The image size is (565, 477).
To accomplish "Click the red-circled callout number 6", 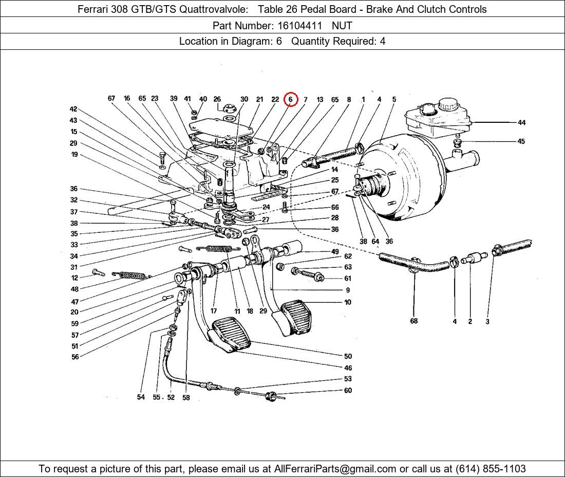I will click(x=291, y=99).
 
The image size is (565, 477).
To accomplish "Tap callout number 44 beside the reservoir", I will click(x=521, y=122).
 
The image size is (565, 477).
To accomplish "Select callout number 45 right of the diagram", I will click(x=521, y=141).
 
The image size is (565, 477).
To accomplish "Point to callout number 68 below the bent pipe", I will click(x=414, y=321).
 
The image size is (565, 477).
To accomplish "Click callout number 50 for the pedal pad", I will click(x=348, y=356).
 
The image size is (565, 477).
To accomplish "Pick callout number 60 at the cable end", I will click(x=348, y=391).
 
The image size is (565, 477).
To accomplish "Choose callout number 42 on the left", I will click(x=73, y=109).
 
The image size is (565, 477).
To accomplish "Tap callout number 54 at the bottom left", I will click(x=141, y=397).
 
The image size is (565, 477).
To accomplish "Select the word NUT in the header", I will click(x=342, y=25).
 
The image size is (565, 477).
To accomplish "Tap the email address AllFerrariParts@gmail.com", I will click(x=335, y=469).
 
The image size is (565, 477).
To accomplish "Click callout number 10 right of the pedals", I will click(x=348, y=302).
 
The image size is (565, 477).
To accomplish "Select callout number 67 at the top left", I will click(x=111, y=98).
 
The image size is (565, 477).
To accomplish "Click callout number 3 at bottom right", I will click(x=487, y=322).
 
